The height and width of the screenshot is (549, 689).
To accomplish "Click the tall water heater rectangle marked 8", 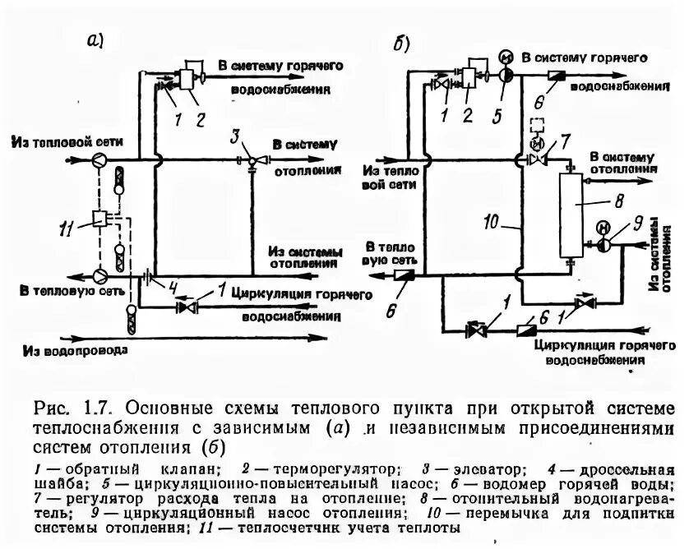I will click(571, 215).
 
